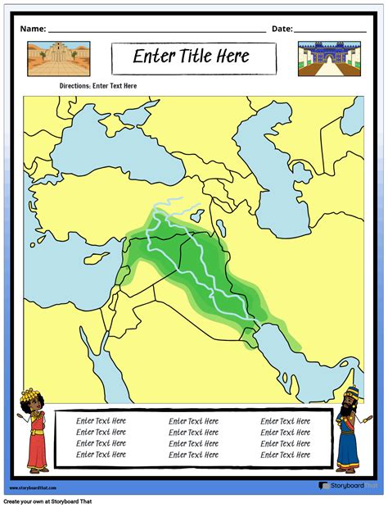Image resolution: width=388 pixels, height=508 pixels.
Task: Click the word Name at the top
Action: tap(31, 29)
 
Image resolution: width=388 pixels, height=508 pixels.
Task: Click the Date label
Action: tap(282, 29)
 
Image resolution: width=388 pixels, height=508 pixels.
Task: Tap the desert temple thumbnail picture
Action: tap(58, 58)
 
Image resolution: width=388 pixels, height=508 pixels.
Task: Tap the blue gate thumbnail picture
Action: tap(328, 59)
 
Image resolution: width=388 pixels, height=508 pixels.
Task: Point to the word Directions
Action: tap(74, 85)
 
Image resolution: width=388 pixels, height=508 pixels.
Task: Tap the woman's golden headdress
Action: tap(36, 401)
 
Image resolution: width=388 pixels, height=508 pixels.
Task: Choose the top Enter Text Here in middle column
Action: tap(193, 420)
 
